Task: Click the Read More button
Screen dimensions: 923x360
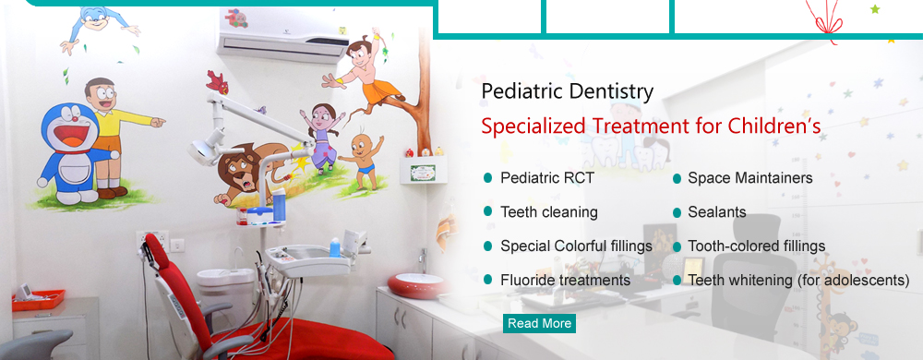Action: (x=539, y=323)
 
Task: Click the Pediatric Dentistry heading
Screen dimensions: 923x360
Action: (x=568, y=91)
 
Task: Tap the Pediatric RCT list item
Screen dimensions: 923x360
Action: (x=547, y=177)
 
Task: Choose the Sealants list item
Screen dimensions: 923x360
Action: (x=717, y=211)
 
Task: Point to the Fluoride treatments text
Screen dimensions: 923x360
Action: (x=565, y=280)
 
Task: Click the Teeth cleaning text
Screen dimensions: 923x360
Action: (x=549, y=211)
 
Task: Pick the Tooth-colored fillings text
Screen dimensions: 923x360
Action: (x=757, y=246)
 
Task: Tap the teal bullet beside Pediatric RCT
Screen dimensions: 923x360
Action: (x=487, y=177)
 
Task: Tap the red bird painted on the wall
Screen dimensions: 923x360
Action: (x=217, y=82)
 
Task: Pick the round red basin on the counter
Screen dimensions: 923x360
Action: (x=417, y=285)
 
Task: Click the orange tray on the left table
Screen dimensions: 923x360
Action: (x=38, y=300)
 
